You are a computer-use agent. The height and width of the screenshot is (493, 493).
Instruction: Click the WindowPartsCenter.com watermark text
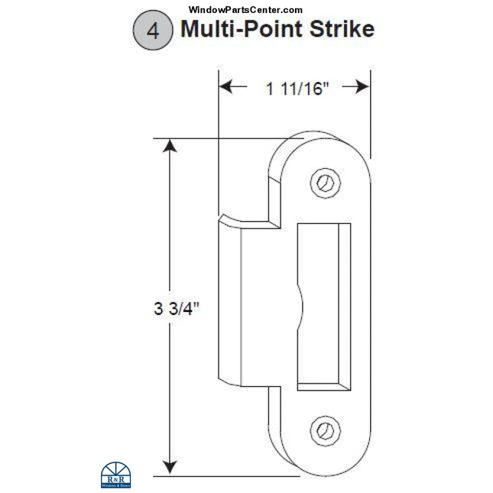245,9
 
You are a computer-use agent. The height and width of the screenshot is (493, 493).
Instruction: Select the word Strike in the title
340,30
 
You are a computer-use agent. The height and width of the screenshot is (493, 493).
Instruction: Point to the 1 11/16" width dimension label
297,89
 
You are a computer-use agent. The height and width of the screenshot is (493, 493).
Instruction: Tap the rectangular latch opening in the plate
321,306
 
